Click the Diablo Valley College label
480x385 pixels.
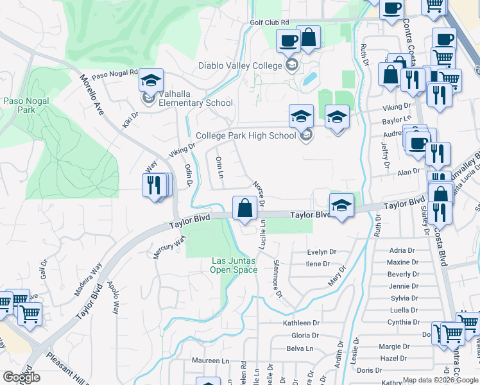coord(240,65)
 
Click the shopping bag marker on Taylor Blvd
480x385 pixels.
coord(244,209)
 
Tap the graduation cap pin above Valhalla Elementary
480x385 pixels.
coord(151,81)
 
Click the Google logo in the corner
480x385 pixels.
coord(21,377)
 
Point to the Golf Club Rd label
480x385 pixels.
coord(270,22)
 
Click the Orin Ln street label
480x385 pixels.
coord(219,167)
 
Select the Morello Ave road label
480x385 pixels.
coord(91,94)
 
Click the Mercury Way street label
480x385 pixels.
coord(169,247)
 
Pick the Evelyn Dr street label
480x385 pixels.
coord(321,252)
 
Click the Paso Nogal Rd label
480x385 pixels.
coord(115,74)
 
